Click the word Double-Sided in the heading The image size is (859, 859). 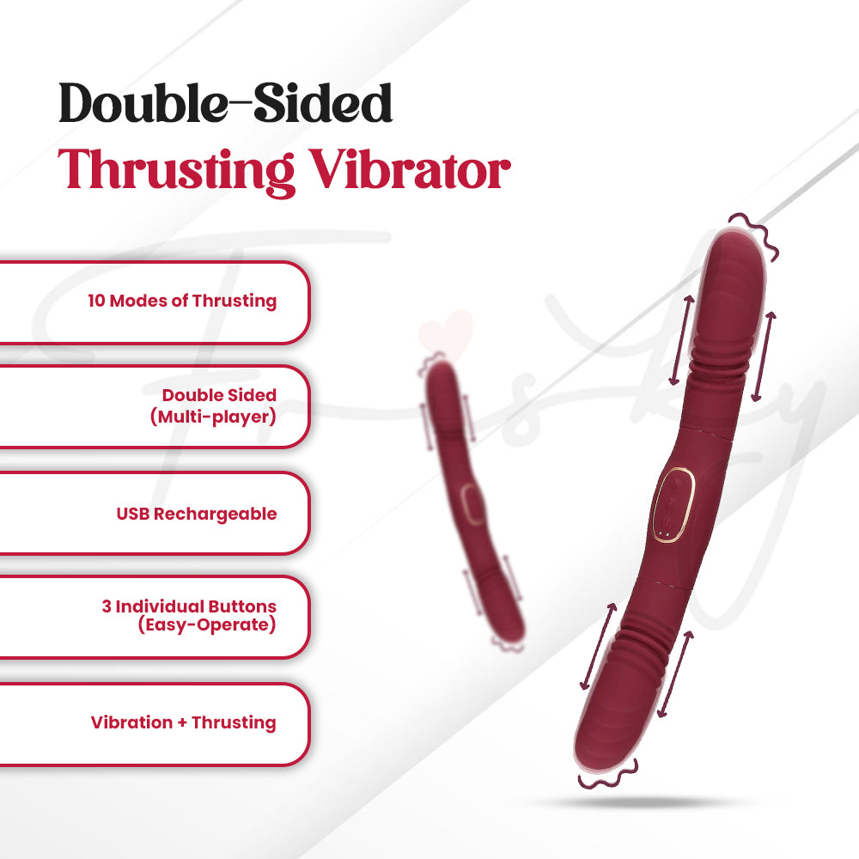click(226, 104)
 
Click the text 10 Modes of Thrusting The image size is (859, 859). click(182, 302)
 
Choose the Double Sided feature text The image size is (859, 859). click(219, 395)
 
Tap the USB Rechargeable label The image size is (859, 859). click(197, 514)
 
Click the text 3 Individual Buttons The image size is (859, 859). click(189, 606)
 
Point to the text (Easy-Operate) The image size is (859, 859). click(207, 625)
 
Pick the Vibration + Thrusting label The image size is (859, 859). click(184, 722)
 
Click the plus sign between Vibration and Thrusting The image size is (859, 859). click(181, 722)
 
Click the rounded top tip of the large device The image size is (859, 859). click(735, 249)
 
